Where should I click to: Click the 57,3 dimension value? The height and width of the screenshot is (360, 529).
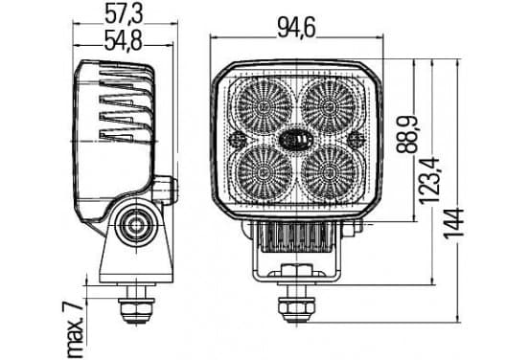tap(124, 14)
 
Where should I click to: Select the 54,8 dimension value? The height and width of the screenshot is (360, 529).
tap(123, 40)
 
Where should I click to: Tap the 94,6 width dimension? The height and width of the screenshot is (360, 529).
tap(296, 28)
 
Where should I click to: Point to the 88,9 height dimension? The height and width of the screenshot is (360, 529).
tap(407, 135)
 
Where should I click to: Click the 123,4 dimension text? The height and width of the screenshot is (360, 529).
tap(429, 181)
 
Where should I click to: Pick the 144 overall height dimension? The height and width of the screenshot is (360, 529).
tap(453, 223)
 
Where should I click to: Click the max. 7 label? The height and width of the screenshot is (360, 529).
tap(75, 330)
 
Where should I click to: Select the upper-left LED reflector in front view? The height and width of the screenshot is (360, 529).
tap(264, 106)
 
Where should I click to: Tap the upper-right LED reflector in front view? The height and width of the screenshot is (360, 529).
tap(329, 106)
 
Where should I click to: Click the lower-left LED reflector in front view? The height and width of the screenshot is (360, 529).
tap(264, 173)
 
